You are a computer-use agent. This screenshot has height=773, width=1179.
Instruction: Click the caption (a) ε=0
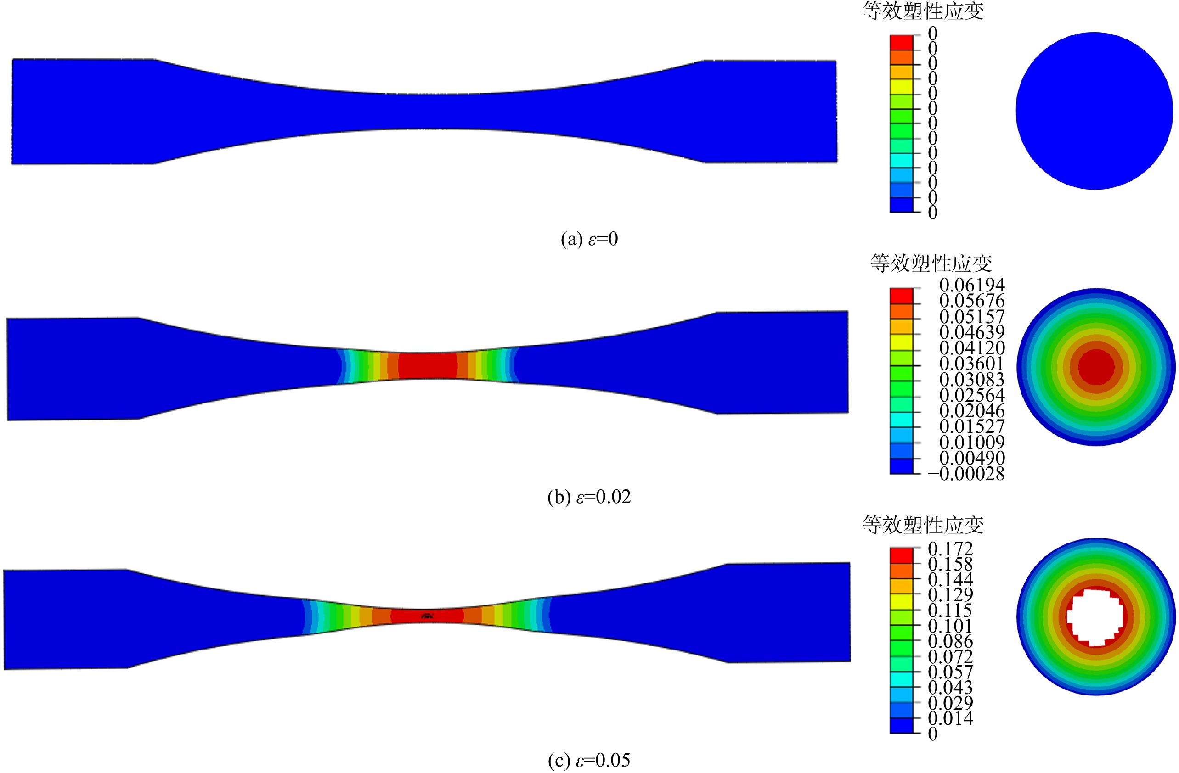coord(589,239)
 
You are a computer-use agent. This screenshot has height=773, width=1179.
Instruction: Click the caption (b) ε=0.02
coord(589,497)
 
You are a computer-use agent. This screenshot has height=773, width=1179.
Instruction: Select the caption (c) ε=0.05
coord(589,760)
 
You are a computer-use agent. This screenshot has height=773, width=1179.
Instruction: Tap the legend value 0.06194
coord(972,285)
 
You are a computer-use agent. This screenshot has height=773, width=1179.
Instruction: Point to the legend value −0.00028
coord(966,474)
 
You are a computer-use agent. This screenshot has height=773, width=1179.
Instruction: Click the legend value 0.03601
coord(972,364)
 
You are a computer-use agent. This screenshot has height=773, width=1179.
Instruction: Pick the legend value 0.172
coord(950,549)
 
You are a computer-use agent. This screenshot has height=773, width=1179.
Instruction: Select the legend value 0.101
coord(950,626)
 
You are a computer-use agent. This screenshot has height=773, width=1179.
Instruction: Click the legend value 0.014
coord(950,718)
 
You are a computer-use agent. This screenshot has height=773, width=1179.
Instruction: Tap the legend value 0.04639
coord(972,332)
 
